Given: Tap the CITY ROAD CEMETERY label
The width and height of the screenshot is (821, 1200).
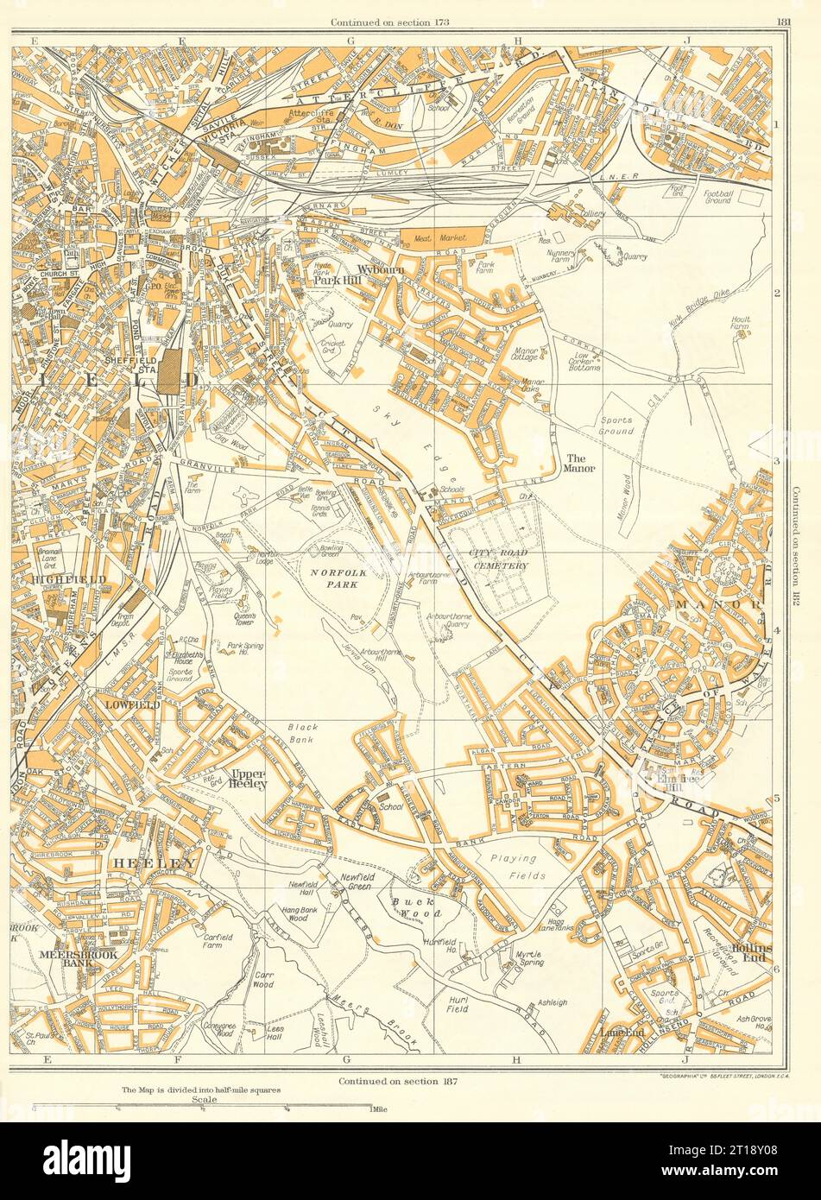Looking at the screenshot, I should point(498,559).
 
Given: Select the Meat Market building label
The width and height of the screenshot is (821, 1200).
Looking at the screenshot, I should point(441,236).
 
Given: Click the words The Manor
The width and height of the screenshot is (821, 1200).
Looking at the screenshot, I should point(579,463).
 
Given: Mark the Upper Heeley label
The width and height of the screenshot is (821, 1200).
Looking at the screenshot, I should point(247,779).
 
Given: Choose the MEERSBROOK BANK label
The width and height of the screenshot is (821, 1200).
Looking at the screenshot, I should point(66,960).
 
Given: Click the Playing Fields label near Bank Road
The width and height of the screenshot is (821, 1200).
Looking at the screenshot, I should point(514,865).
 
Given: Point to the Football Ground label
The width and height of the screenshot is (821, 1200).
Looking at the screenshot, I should point(716,196).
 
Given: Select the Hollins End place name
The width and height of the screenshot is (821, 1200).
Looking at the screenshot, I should point(749,954).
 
